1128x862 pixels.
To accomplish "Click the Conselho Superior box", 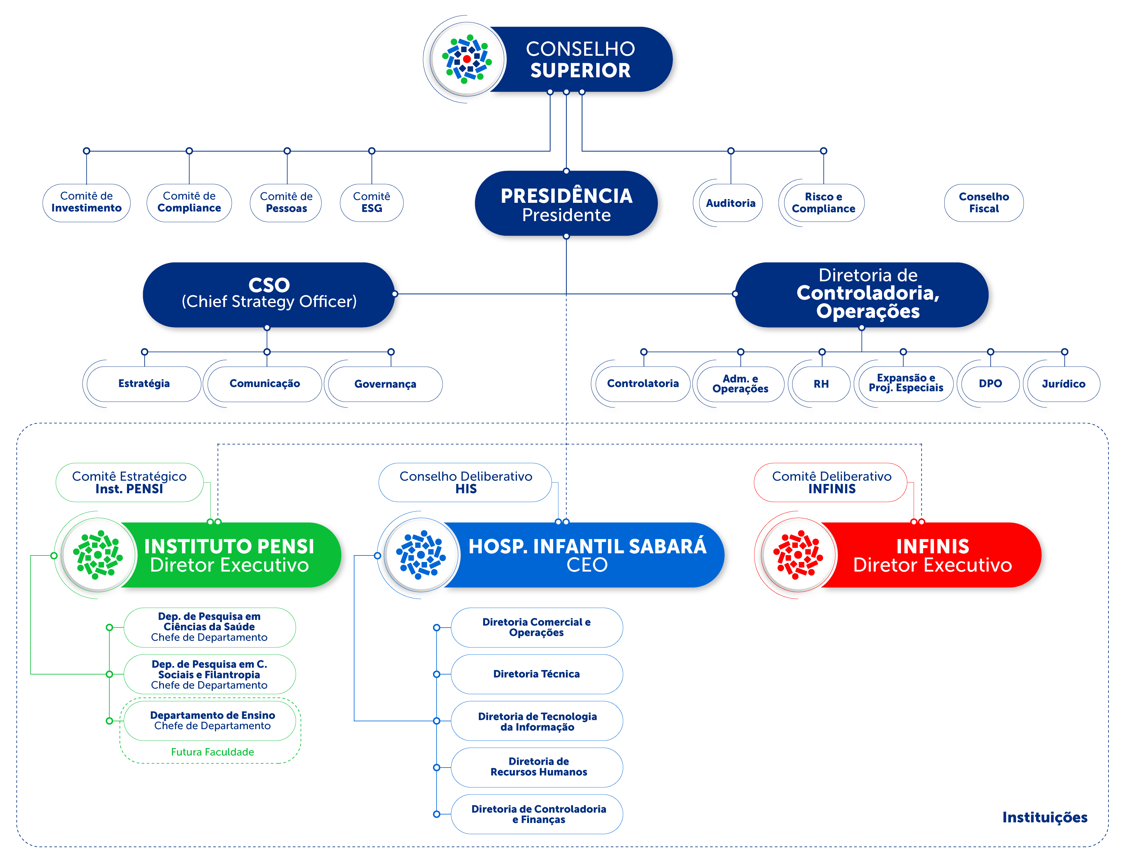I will point(580,59).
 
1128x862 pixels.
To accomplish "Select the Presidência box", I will point(566,204).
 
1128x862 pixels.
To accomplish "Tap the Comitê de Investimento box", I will point(86,203).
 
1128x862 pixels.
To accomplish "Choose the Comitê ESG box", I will point(372,203).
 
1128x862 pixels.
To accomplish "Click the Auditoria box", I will point(730,203).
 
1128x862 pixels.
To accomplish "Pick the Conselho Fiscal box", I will point(983,203).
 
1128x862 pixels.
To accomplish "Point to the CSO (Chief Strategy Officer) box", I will point(269,294).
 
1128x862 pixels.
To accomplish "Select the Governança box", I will point(385,384).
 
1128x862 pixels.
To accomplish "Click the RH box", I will point(820,384).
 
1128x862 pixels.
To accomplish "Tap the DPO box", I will point(990,384).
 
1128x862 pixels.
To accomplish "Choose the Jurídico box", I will point(1063,384).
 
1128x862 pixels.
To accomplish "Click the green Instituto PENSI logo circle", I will point(98,555).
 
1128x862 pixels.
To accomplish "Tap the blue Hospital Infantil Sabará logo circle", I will point(421,555).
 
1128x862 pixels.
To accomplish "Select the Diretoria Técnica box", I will point(536,674).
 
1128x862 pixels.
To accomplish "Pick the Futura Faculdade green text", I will point(212,752).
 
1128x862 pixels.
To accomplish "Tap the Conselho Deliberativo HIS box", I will point(466,482).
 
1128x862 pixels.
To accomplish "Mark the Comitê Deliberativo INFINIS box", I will point(831,482).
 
